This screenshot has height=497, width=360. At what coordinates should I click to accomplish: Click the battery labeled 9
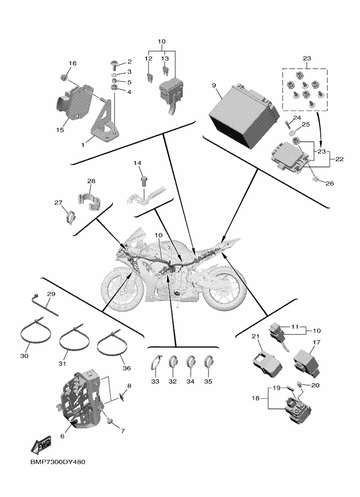[x=244, y=116]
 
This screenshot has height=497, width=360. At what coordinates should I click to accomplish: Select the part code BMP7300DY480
[x=58, y=462]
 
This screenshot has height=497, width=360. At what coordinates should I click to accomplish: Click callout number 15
[x=60, y=130]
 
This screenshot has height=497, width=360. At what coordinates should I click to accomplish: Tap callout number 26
[x=330, y=183]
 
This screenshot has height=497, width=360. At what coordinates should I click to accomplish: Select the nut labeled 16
[x=63, y=77]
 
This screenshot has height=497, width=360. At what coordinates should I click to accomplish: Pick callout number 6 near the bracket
[x=62, y=436]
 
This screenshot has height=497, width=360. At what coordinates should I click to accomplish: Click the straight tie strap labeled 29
[x=45, y=304]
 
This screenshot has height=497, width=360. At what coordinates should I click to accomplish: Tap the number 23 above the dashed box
[x=307, y=58]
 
